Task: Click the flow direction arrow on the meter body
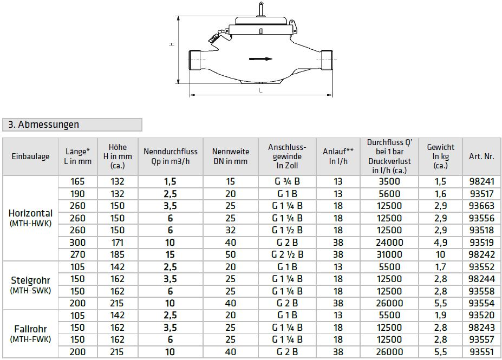[x=260, y=59]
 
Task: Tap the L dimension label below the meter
[x=260, y=91]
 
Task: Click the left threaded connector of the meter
[x=196, y=59]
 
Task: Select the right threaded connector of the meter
[x=325, y=59]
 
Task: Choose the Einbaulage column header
[x=30, y=156]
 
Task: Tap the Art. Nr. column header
[x=481, y=156]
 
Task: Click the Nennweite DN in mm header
[x=230, y=156]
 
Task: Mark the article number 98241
[x=481, y=181]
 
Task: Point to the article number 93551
[x=481, y=352]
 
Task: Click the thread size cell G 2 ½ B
[x=287, y=254]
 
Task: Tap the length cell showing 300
[x=77, y=243]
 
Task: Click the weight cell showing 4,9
[x=440, y=243]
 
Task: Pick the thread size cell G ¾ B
[x=287, y=181]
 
